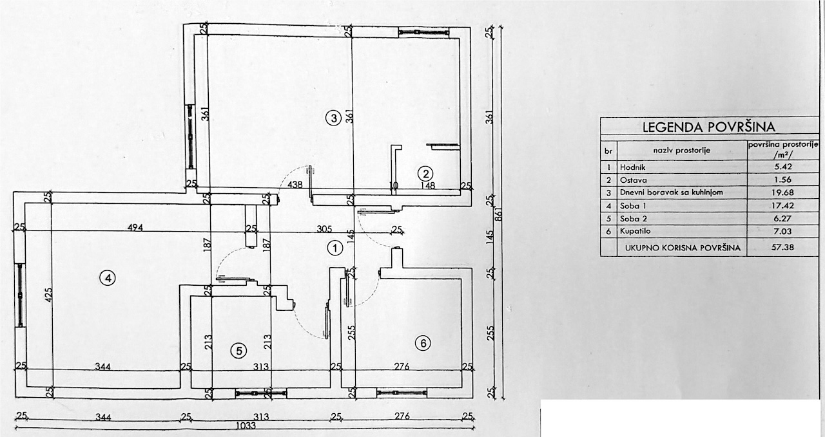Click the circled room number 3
(334, 118)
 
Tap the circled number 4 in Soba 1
(108, 279)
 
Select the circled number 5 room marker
(239, 351)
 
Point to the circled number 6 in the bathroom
(423, 344)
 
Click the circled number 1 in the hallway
(335, 248)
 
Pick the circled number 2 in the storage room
(425, 174)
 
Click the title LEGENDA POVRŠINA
(709, 127)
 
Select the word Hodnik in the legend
(633, 167)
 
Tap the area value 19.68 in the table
(782, 192)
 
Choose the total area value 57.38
(782, 247)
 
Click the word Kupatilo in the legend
(636, 231)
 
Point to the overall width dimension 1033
(246, 425)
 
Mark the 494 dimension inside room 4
(135, 228)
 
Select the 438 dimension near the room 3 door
(295, 184)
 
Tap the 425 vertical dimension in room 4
(49, 295)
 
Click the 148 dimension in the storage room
(427, 185)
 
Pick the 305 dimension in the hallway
(324, 229)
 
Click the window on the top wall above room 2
(424, 32)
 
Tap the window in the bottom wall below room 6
(402, 393)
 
